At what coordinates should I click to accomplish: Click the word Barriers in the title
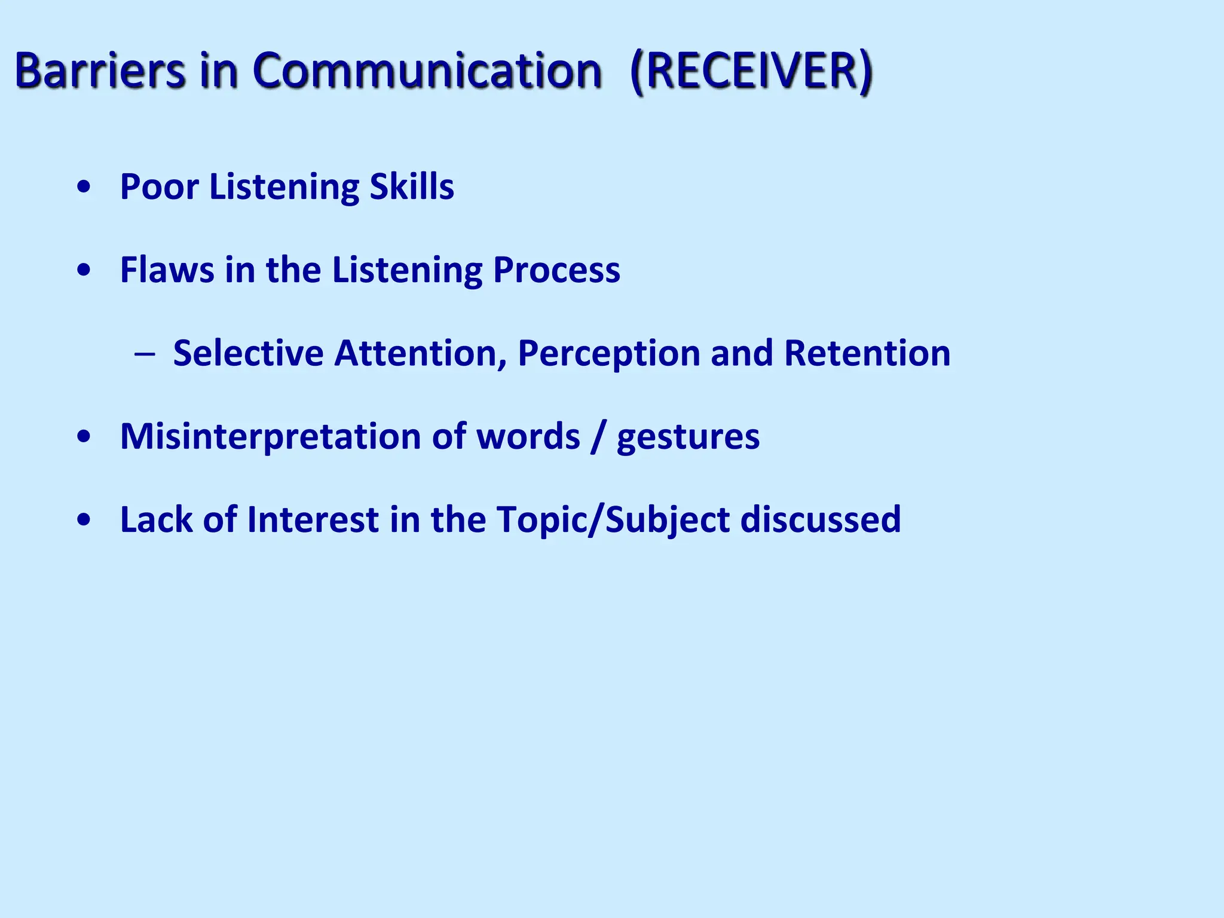click(x=100, y=71)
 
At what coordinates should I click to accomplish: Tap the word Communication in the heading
click(x=427, y=71)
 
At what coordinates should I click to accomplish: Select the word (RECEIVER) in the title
click(x=751, y=71)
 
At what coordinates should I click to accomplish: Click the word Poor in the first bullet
click(x=159, y=186)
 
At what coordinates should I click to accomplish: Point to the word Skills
click(x=412, y=186)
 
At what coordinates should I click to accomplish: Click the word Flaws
click(x=167, y=270)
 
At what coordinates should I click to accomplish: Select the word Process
click(x=556, y=270)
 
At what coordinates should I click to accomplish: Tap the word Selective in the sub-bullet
click(x=248, y=353)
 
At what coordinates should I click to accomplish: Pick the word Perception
click(x=608, y=354)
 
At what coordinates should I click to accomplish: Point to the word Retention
click(x=867, y=353)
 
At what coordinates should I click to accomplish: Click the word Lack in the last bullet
click(x=156, y=519)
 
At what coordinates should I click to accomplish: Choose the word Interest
click(x=313, y=519)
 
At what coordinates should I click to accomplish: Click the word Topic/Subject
click(x=613, y=520)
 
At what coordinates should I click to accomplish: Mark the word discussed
click(x=821, y=519)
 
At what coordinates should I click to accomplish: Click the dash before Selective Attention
click(x=145, y=354)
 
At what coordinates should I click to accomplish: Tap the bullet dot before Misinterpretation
click(x=84, y=437)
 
